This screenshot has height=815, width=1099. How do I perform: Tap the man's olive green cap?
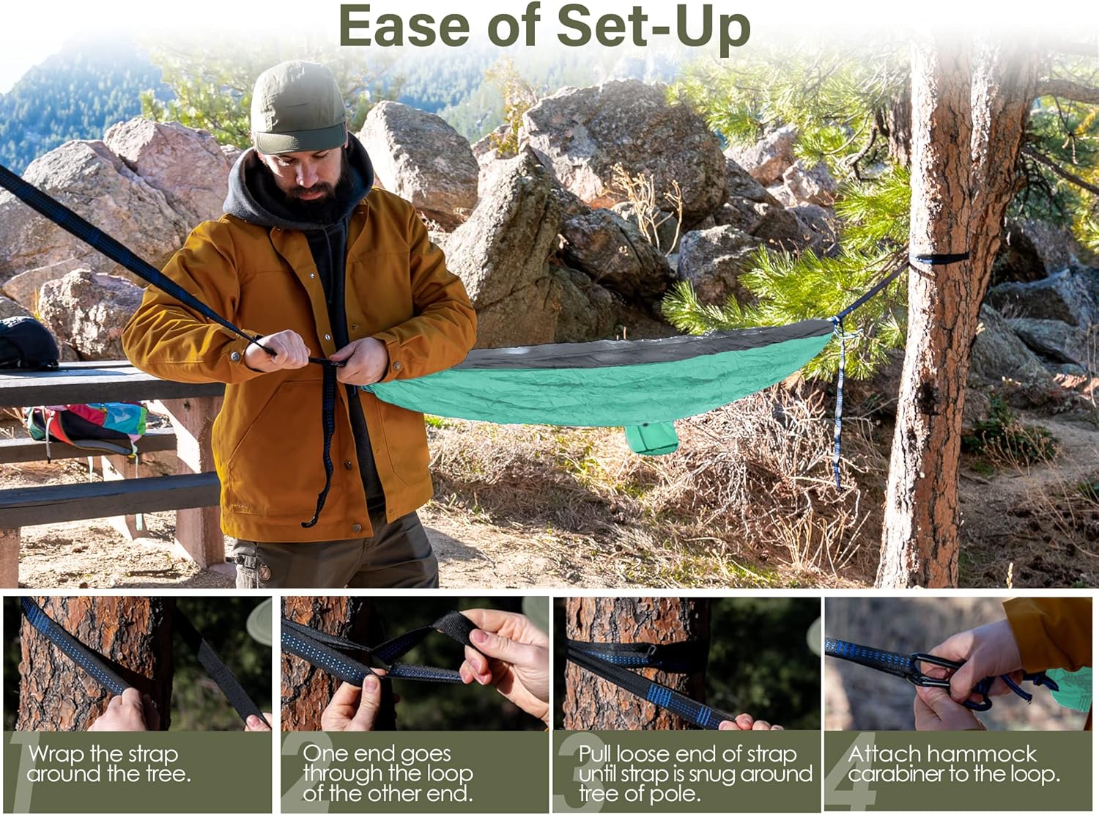click(298, 108)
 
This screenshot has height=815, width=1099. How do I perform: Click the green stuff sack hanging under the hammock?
click(651, 438)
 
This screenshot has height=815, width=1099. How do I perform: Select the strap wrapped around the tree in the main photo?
click(938, 259)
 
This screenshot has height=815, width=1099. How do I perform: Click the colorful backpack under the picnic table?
click(86, 427)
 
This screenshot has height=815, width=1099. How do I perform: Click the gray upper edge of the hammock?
click(644, 347)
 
